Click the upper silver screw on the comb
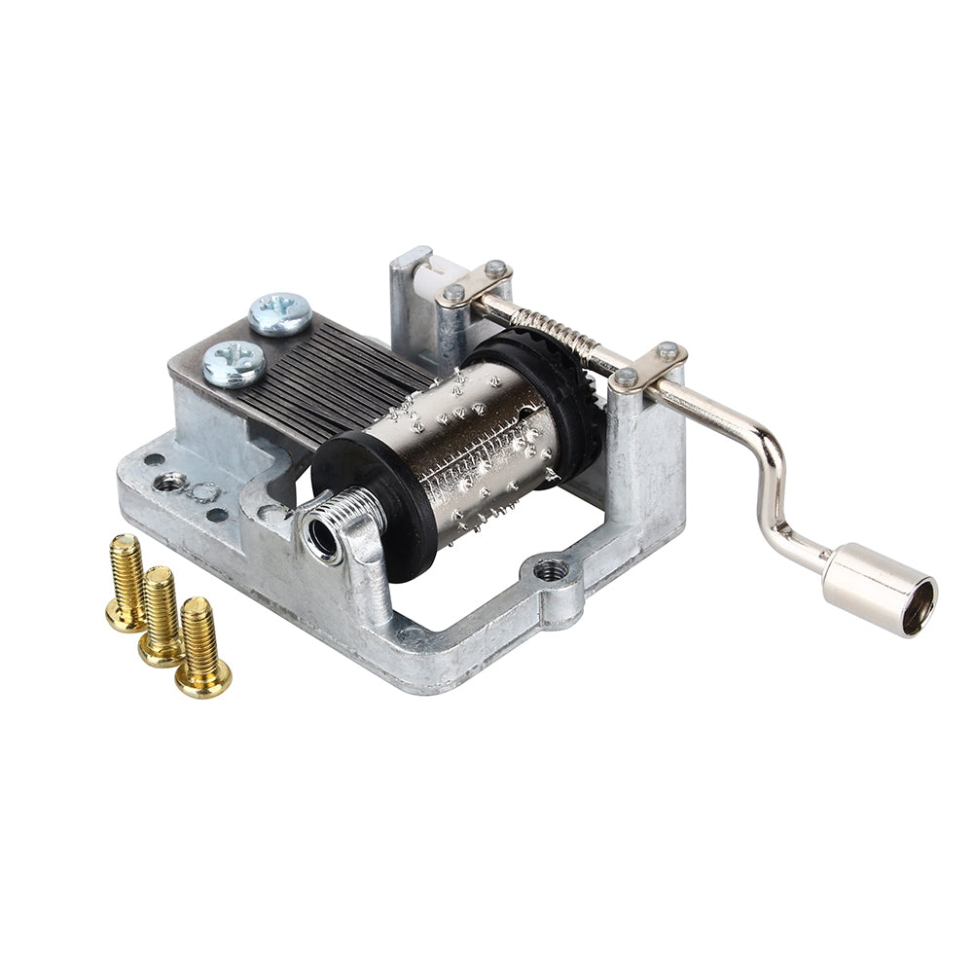[x=280, y=313]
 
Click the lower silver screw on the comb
[x=234, y=363]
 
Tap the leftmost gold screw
[x=127, y=582]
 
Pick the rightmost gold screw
[x=202, y=647]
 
